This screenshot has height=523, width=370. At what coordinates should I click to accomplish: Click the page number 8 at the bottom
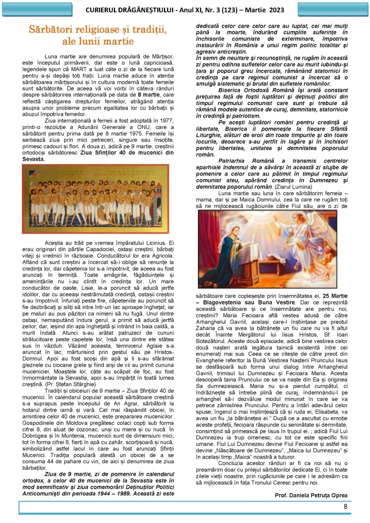(345, 506)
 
